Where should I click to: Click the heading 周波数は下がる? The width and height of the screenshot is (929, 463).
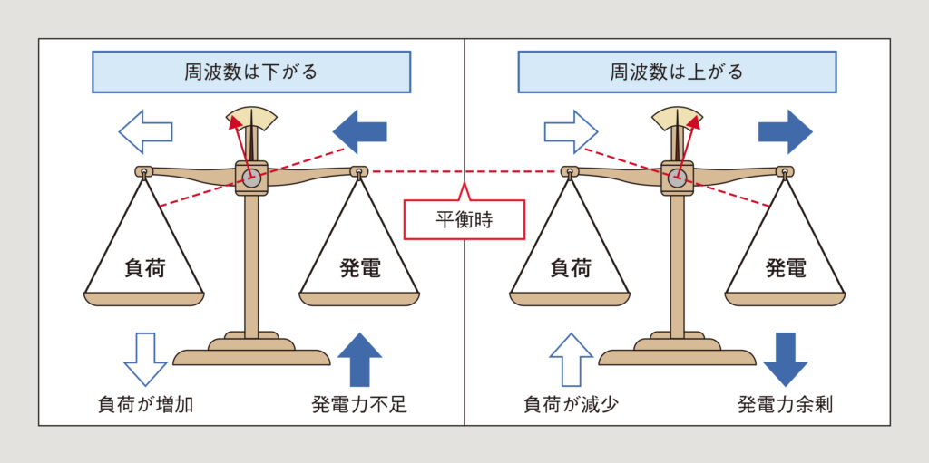[x=251, y=72]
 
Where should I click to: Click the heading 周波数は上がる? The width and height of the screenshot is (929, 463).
[x=677, y=72]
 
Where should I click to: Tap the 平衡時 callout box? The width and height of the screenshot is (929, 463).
[x=464, y=220]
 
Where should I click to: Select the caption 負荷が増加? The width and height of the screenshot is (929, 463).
[x=145, y=404]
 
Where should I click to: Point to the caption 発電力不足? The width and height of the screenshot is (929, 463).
[x=359, y=404]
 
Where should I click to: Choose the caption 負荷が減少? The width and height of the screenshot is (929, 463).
[x=571, y=404]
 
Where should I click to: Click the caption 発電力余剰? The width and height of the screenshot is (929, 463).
[x=785, y=404]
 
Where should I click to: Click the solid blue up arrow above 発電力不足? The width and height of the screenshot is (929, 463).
[x=360, y=360]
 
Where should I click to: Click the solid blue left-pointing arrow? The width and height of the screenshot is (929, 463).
[x=360, y=132]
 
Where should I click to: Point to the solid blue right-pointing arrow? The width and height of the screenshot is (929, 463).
[x=785, y=132]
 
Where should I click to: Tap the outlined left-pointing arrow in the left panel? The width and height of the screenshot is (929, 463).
[x=145, y=132]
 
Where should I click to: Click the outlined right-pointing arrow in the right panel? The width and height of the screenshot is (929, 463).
[x=571, y=132]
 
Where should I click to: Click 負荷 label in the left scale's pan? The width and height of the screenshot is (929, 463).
[x=145, y=268]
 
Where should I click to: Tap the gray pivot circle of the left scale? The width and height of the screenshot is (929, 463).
[x=251, y=178]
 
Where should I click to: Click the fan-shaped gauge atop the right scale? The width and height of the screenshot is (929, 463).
[x=677, y=119]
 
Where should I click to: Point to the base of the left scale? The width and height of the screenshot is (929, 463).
[x=251, y=353]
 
